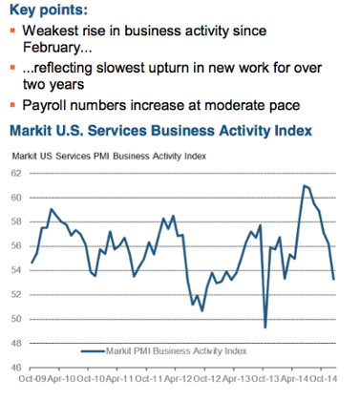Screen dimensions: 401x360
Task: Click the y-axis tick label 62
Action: click(x=16, y=173)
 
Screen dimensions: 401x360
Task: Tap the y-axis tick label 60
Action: click(x=16, y=198)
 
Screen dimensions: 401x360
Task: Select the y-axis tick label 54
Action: click(x=16, y=270)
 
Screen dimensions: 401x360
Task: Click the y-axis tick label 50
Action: click(x=16, y=319)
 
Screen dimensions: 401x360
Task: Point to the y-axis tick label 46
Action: click(x=16, y=368)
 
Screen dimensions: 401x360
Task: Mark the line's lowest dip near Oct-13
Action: click(x=265, y=327)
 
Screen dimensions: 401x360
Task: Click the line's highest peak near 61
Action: click(x=304, y=184)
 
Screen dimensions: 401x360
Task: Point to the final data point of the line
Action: click(x=333, y=280)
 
